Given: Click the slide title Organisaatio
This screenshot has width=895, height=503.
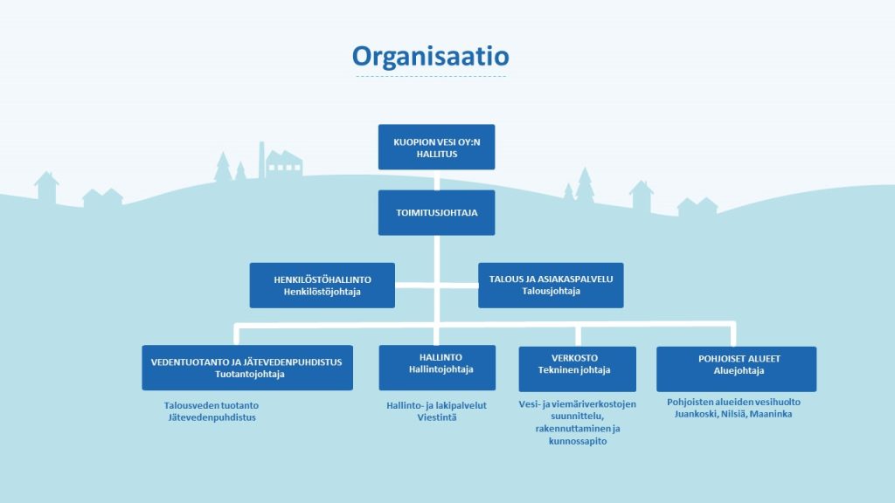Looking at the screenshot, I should point(430,56).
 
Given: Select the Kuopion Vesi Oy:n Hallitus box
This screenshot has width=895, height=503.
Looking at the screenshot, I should point(436,147).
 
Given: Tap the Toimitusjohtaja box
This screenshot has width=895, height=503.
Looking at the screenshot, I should point(436,212).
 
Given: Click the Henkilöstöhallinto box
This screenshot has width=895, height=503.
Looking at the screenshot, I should point(322,286).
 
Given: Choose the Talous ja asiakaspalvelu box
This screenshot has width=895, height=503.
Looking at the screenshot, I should point(551,286).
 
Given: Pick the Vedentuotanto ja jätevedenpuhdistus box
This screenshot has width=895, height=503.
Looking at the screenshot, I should point(247,368).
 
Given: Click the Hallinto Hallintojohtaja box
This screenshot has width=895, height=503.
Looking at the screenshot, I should point(436,368).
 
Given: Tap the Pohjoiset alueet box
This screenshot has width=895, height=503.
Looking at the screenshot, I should point(736,368).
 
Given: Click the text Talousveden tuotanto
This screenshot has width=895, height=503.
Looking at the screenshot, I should point(212,405).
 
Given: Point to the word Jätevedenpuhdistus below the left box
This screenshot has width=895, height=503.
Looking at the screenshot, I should point(212,417).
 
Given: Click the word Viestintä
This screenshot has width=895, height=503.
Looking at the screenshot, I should point(436,417).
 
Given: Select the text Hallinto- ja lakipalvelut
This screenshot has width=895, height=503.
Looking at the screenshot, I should point(436,405).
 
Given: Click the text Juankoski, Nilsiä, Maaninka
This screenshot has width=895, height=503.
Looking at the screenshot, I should point(733,414).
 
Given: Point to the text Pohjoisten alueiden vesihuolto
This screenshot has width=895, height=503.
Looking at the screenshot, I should point(733,402).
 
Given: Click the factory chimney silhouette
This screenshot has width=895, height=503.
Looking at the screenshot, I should point(260,159).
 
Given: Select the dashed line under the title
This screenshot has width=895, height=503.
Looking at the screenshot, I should point(430,77).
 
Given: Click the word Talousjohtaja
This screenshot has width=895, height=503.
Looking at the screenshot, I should point(551,292).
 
